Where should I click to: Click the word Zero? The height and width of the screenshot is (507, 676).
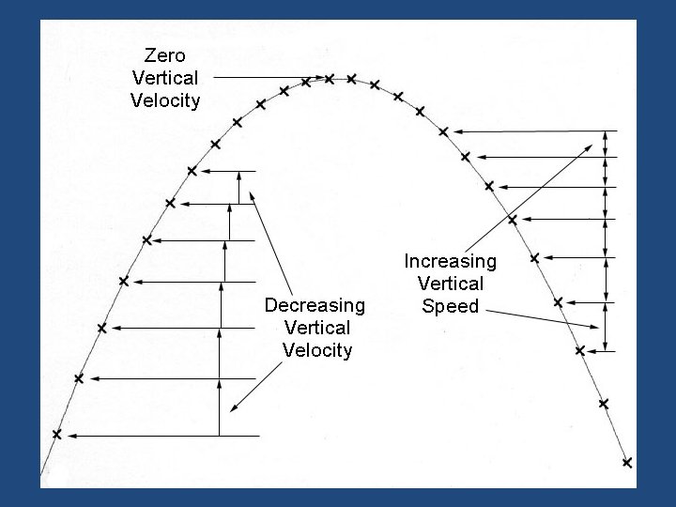pyautogui.click(x=165, y=54)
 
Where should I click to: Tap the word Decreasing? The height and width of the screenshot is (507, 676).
pyautogui.click(x=315, y=305)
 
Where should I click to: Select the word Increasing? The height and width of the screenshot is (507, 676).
pyautogui.click(x=450, y=261)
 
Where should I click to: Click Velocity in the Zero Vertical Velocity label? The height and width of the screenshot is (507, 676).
pyautogui.click(x=165, y=100)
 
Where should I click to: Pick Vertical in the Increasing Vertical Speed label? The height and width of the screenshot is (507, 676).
pyautogui.click(x=450, y=284)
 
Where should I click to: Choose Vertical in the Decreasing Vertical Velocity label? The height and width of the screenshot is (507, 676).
pyautogui.click(x=316, y=328)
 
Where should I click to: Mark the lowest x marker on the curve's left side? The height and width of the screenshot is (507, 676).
pyautogui.click(x=56, y=435)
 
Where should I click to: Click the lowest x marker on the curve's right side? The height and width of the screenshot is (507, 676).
pyautogui.click(x=627, y=462)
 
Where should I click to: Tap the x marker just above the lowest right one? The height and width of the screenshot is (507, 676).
pyautogui.click(x=604, y=404)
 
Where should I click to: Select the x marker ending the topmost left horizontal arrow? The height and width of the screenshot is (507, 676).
pyautogui.click(x=192, y=171)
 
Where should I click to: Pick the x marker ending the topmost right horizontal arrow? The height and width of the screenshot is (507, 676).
pyautogui.click(x=443, y=131)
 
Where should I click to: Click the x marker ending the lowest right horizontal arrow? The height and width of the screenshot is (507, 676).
pyautogui.click(x=580, y=350)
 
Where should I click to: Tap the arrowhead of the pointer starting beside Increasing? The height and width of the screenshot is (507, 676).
pyautogui.click(x=591, y=146)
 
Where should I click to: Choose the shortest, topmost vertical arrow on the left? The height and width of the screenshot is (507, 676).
pyautogui.click(x=239, y=187)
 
